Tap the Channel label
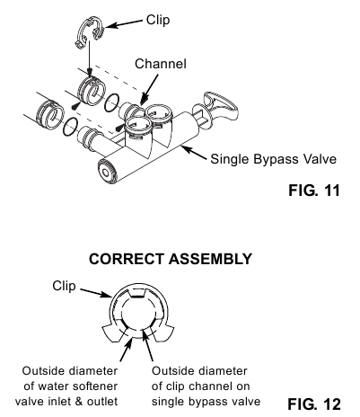click(160, 64)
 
